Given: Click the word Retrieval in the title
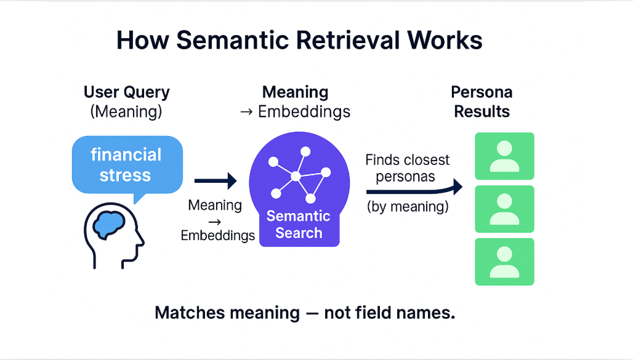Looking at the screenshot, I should point(342,41).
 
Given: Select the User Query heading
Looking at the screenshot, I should point(126,93).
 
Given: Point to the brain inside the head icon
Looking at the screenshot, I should point(111,225).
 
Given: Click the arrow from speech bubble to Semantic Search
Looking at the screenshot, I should point(216,181).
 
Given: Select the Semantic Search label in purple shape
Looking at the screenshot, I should point(299,225).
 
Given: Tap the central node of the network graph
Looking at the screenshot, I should point(296,177).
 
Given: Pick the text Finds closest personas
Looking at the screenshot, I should point(407,168).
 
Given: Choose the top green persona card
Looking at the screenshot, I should point(504,156).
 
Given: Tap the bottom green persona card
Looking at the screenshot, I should point(504,262).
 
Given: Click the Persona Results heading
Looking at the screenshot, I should point(482,102).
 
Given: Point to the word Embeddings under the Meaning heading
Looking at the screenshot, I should point(304,112).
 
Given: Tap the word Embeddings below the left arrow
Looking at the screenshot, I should point(218,235).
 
